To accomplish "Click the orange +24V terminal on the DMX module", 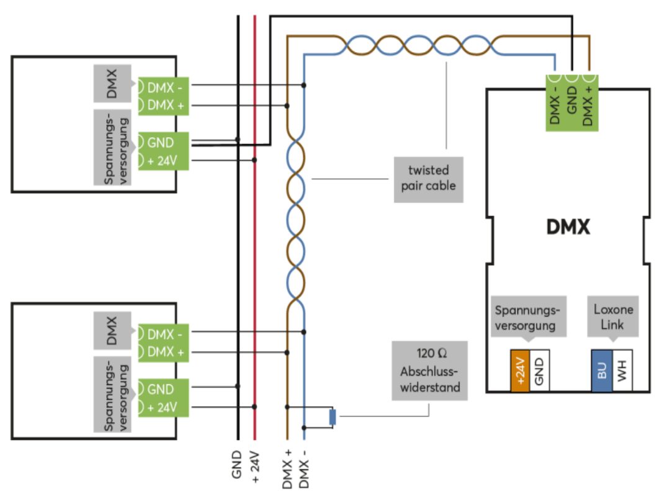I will pyautogui.click(x=519, y=371).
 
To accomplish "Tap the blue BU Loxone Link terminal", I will pyautogui.click(x=601, y=371).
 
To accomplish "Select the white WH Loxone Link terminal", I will pyautogui.click(x=622, y=371).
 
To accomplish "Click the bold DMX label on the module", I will pyautogui.click(x=568, y=227).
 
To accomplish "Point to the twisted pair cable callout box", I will pyautogui.click(x=428, y=179).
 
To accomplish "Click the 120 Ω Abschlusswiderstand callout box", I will pyautogui.click(x=429, y=371).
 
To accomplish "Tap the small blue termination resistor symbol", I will pyautogui.click(x=333, y=417).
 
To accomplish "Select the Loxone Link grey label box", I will pyautogui.click(x=613, y=317).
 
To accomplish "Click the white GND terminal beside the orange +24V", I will pyautogui.click(x=539, y=371).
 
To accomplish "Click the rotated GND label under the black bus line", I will pyautogui.click(x=237, y=463).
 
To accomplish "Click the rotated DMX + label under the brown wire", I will pyautogui.click(x=287, y=467).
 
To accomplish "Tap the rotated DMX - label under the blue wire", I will pyautogui.click(x=304, y=467).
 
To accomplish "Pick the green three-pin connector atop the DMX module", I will pyautogui.click(x=573, y=102).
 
